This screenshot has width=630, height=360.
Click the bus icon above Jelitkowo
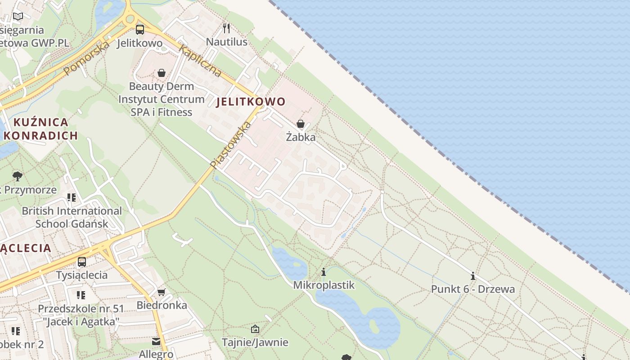point(140,30)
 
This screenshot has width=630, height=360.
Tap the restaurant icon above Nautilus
point(226,28)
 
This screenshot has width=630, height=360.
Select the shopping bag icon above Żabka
point(301,124)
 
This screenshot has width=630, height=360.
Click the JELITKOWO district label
point(251,102)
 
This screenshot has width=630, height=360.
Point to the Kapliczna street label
point(200,61)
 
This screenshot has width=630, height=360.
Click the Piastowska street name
point(230,145)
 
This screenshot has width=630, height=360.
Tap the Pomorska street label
point(86,58)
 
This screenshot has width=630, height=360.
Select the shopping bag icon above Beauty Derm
point(162,73)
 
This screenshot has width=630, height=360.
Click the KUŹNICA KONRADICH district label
point(42,129)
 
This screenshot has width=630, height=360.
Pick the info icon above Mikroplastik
point(323,272)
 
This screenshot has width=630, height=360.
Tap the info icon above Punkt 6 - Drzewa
point(472,276)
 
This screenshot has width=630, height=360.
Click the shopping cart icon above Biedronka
point(162,292)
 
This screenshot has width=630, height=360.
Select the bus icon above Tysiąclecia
point(81,261)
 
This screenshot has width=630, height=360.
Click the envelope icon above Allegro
point(156,342)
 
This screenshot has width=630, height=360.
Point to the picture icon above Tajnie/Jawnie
point(255,329)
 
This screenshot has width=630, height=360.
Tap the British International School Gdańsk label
point(72,217)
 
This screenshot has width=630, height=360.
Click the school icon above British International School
point(72,198)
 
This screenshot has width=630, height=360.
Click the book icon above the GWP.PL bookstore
point(18,17)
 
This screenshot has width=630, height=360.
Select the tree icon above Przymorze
point(18,176)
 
